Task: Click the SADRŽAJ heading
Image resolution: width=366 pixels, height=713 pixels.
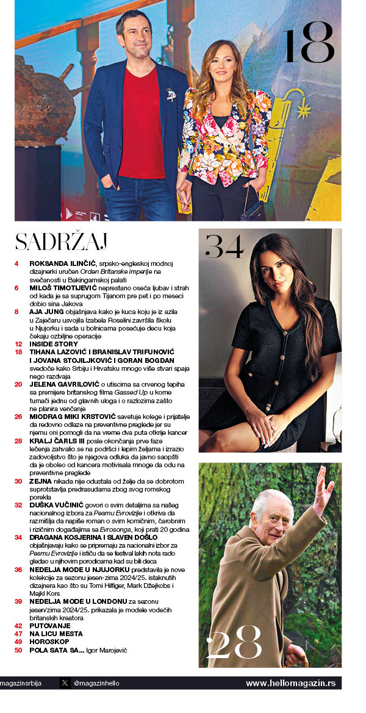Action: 61,242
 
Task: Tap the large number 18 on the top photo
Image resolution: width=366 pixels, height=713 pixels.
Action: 309,44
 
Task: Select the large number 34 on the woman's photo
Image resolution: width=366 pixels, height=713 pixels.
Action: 224,247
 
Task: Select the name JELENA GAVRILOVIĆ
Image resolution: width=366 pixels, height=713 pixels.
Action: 68,384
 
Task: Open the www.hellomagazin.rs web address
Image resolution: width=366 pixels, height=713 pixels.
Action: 290,683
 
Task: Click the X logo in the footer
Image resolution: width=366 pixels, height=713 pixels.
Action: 65,683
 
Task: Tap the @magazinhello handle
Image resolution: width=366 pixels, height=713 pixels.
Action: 95,683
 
